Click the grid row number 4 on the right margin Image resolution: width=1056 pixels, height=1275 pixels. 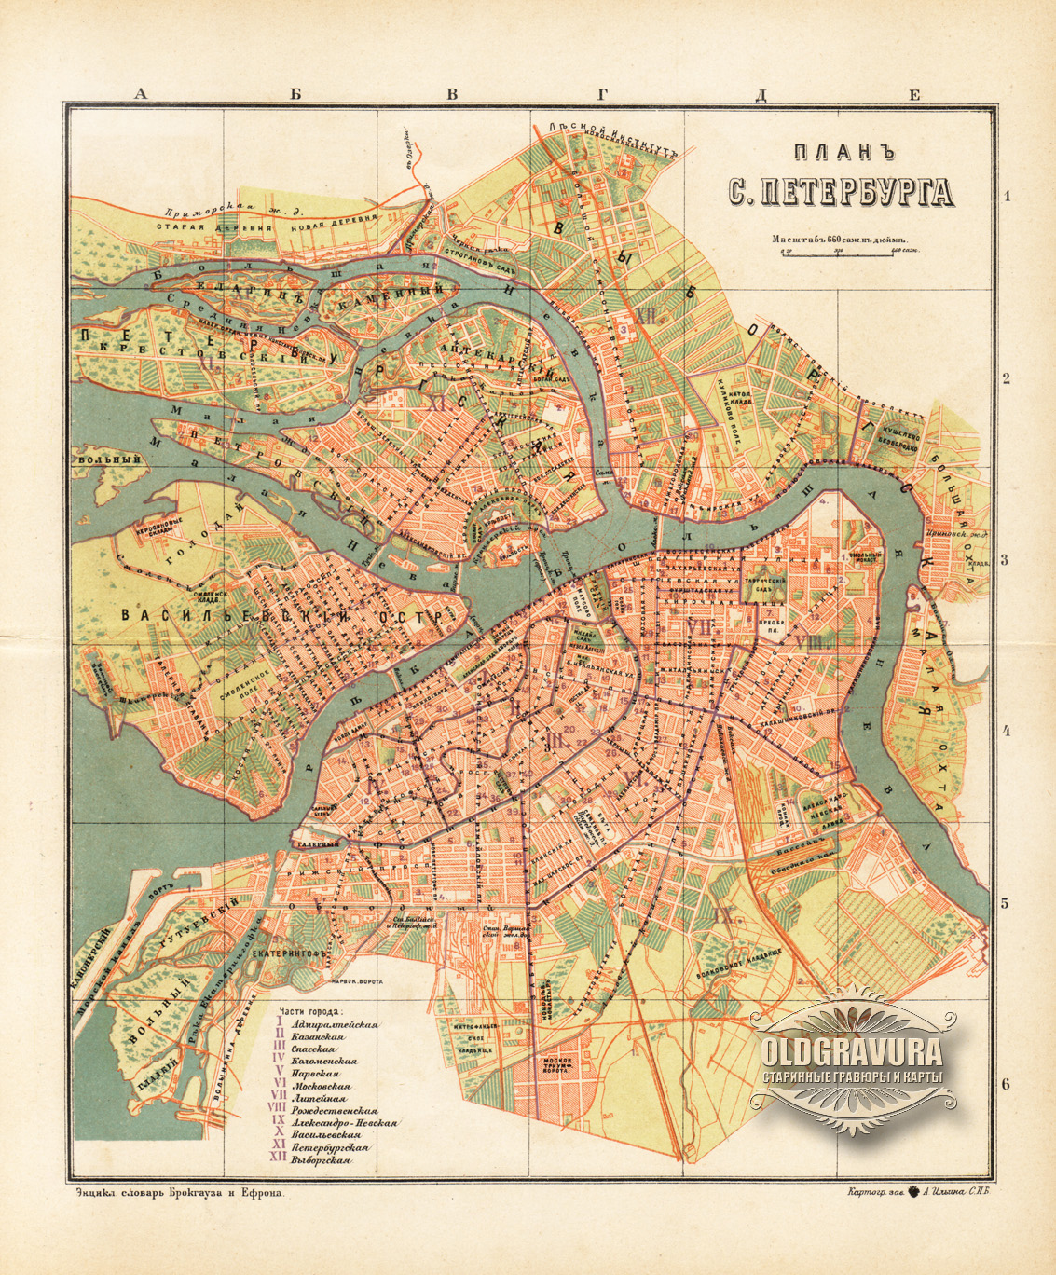pyautogui.click(x=1006, y=731)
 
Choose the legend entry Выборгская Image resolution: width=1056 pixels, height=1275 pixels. pyautogui.click(x=321, y=1161)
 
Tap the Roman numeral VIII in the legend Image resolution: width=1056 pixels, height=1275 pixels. pyautogui.click(x=277, y=1110)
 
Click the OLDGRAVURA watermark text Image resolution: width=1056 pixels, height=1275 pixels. pyautogui.click(x=852, y=1051)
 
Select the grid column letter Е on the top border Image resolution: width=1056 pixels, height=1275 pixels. pyautogui.click(x=914, y=93)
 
